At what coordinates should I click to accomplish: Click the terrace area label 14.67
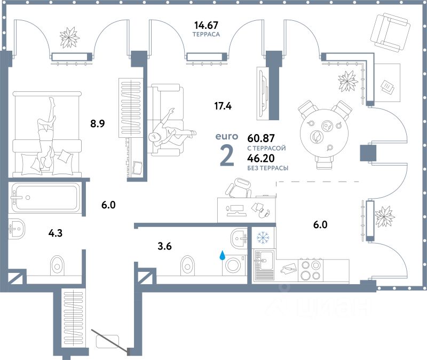point(207,25)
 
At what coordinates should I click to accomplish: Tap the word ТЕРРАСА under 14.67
point(207,34)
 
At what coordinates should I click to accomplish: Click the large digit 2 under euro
point(226,155)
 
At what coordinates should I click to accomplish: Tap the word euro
point(226,136)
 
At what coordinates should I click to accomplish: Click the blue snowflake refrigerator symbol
point(263,237)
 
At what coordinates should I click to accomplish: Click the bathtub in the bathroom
point(45,197)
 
